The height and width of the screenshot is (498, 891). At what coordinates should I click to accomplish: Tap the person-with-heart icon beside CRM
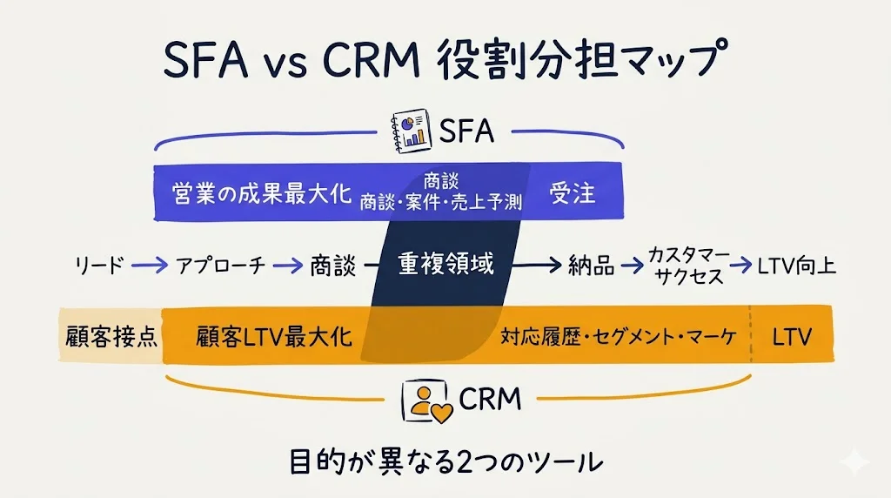pyautogui.click(x=427, y=401)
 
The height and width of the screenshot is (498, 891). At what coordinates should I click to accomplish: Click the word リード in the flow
pyautogui.click(x=99, y=266)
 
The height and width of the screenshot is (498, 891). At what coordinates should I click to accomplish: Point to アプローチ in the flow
pyautogui.click(x=220, y=266)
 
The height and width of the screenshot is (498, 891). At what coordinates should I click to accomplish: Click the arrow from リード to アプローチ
pyautogui.click(x=150, y=265)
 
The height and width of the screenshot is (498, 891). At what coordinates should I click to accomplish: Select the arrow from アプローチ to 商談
pyautogui.click(x=288, y=265)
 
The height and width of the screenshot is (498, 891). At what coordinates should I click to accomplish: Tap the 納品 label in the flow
pyautogui.click(x=591, y=266)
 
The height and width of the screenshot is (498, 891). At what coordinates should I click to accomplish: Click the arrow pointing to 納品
pyautogui.click(x=536, y=265)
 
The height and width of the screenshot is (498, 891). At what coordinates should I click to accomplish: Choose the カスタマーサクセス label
pyautogui.click(x=689, y=266)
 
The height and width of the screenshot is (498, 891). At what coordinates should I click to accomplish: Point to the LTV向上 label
pyautogui.click(x=797, y=266)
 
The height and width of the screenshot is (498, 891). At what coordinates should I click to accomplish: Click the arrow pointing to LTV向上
pyautogui.click(x=741, y=265)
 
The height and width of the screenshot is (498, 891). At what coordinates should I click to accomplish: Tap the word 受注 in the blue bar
pyautogui.click(x=573, y=193)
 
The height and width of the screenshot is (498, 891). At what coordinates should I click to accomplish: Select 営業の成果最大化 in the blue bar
pyautogui.click(x=262, y=194)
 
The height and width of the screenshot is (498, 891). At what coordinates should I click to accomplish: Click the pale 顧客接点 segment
pyautogui.click(x=111, y=335)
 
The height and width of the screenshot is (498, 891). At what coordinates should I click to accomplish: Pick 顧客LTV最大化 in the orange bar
pyautogui.click(x=274, y=337)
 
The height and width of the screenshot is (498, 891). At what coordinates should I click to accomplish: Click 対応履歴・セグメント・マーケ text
pyautogui.click(x=619, y=337)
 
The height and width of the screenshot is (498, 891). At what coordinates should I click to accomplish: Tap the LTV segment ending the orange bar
pyautogui.click(x=792, y=335)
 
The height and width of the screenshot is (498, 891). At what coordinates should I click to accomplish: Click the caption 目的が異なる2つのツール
pyautogui.click(x=446, y=461)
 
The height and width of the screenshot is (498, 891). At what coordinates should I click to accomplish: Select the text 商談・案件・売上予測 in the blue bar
pyautogui.click(x=441, y=202)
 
